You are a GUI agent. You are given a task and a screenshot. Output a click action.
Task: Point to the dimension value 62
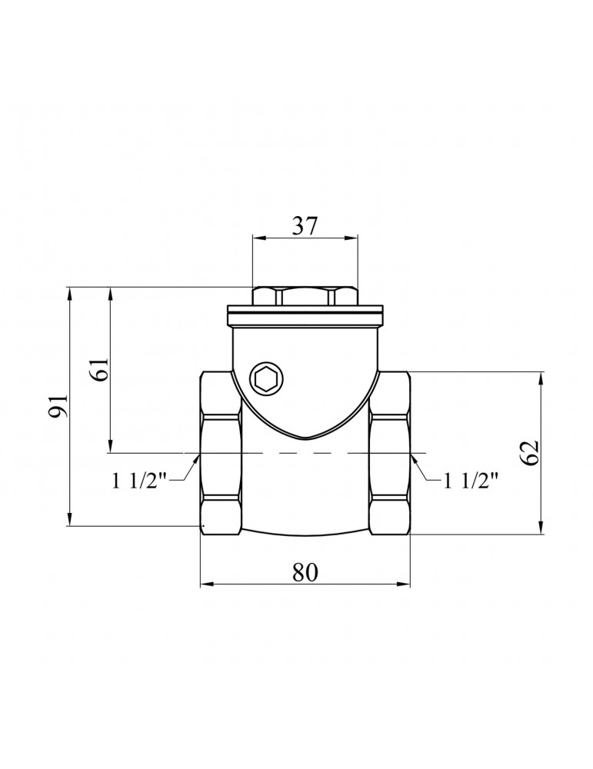pyautogui.click(x=530, y=454)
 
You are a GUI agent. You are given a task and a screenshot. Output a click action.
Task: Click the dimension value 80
pyautogui.click(x=305, y=573)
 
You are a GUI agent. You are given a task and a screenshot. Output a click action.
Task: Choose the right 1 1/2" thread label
pyautogui.click(x=471, y=482)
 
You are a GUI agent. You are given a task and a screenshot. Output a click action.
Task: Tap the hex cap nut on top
pyautogui.click(x=305, y=296)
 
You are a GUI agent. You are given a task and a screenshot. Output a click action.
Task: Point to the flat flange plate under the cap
pyautogui.click(x=305, y=315)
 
